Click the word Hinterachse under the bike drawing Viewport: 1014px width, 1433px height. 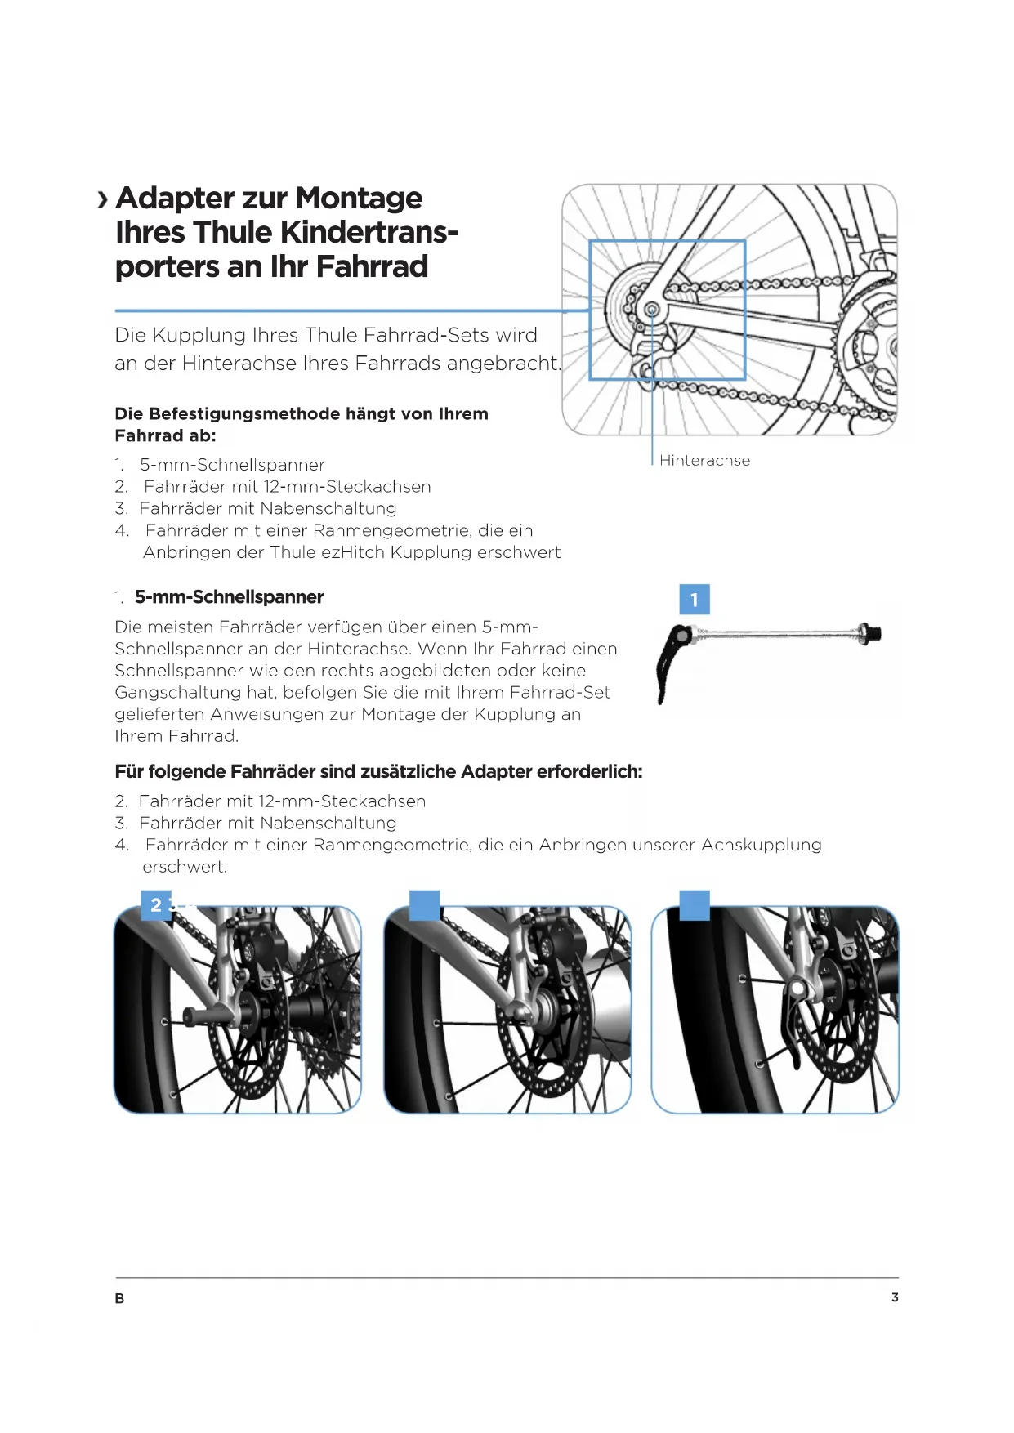click(x=704, y=461)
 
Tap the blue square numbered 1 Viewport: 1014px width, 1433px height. click(x=695, y=600)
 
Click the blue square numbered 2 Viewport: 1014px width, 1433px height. click(x=156, y=905)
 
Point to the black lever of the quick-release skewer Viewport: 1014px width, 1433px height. click(x=672, y=662)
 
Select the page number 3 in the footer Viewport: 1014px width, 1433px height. click(x=895, y=1297)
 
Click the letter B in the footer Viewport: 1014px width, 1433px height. click(x=120, y=1299)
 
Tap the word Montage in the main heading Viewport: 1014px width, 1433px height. click(x=359, y=199)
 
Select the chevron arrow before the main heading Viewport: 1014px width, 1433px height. click(x=103, y=200)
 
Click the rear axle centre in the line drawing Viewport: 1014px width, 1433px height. click(x=651, y=310)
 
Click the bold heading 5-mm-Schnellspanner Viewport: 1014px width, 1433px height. click(x=229, y=597)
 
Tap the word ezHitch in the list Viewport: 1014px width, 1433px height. click(x=353, y=552)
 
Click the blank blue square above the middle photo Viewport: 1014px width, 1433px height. click(x=424, y=905)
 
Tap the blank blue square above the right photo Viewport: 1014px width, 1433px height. click(x=695, y=905)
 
